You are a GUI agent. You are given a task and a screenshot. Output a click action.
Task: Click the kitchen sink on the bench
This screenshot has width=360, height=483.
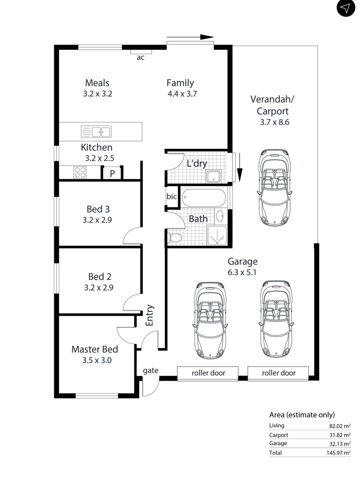pos(96,132)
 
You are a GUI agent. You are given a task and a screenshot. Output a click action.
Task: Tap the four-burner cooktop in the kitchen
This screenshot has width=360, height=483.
pos(80,172)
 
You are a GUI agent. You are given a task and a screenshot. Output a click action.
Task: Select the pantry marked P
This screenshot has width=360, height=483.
pos(112,173)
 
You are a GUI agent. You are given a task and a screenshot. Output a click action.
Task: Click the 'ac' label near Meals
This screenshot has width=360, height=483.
pos(141,57)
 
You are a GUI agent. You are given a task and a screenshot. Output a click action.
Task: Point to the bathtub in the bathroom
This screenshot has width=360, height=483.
pos(204,198)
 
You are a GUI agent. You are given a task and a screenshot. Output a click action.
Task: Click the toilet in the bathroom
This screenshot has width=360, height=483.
pos(174,237)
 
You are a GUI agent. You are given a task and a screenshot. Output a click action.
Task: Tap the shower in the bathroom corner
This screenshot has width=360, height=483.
pos(217,235)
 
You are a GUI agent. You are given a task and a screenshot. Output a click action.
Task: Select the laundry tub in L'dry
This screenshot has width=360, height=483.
pos(214,176)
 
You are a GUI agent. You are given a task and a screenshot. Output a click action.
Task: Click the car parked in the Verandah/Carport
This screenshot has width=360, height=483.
pos(274,188)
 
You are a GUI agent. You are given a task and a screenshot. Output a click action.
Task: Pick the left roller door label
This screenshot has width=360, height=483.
pos(208,373)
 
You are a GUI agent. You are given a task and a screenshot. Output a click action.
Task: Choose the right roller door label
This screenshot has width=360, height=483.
pos(279,373)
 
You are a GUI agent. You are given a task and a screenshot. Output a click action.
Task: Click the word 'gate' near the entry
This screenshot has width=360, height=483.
pos(151,371)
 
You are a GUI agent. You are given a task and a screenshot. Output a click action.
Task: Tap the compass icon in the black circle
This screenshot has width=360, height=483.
pos(346,8)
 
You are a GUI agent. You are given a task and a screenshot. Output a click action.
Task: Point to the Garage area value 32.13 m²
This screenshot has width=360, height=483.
pos(340,444)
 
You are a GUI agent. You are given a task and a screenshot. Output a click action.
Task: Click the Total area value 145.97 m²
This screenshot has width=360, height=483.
pos(338,453)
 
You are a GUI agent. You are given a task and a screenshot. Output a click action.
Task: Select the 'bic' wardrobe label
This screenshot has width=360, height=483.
pos(172,196)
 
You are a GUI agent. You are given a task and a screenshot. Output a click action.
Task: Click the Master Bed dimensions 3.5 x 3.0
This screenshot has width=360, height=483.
pos(97,360)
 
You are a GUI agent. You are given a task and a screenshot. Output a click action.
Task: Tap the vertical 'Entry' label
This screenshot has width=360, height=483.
pos(149,315)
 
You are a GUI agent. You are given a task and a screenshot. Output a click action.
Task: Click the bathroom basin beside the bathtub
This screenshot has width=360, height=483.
pos(220,216)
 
